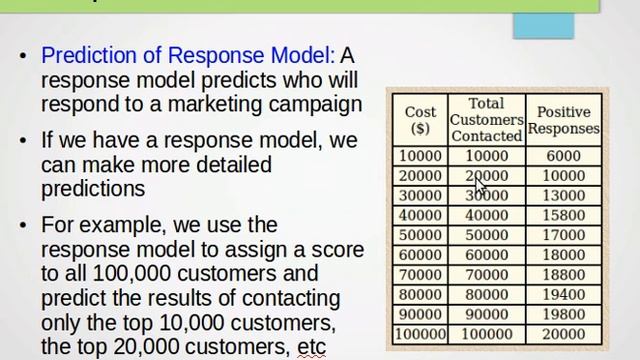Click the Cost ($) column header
(x=420, y=120)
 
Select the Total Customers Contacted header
(x=486, y=119)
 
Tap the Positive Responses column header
(x=563, y=120)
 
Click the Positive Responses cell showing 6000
(x=563, y=156)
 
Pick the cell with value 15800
(x=563, y=215)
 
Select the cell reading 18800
(x=563, y=275)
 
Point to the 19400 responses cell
(x=563, y=295)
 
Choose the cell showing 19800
(x=563, y=315)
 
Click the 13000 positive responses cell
(x=563, y=196)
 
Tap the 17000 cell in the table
(x=563, y=235)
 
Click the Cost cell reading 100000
(x=420, y=334)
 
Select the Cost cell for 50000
(x=420, y=235)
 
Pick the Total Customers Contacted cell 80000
(x=486, y=295)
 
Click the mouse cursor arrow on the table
(x=480, y=185)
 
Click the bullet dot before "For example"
(x=23, y=226)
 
